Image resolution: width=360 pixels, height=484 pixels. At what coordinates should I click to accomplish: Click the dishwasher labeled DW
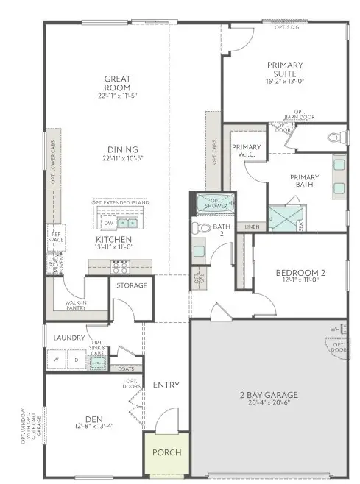click(x=107, y=223)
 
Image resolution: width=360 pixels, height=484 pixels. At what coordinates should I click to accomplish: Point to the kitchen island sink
click(x=129, y=222)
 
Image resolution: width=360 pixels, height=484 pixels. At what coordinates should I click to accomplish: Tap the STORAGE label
click(x=132, y=285)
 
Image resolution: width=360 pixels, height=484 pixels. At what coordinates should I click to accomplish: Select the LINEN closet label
click(x=252, y=227)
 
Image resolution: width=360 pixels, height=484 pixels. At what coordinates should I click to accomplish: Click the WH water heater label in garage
click(x=333, y=328)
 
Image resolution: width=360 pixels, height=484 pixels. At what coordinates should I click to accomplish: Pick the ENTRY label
click(x=166, y=385)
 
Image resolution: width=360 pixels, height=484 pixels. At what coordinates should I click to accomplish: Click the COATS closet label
click(x=127, y=369)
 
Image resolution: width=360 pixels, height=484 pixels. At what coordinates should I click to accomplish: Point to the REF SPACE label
click(x=54, y=239)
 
